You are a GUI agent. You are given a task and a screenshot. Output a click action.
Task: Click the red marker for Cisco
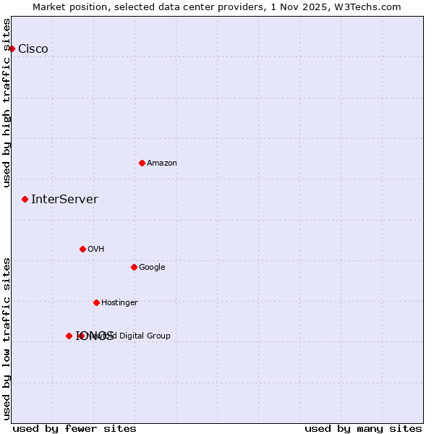coord(12,48)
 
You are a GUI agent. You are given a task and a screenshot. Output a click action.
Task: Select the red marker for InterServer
coord(25,199)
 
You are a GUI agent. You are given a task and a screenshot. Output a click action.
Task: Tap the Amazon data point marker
coord(142,163)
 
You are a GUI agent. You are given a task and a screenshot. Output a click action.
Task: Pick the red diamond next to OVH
coord(82,249)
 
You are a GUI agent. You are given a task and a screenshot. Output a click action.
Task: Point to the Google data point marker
coord(134,267)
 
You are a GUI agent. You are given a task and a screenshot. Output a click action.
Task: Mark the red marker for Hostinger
coord(96,302)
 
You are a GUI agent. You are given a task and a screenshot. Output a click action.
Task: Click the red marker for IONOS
coord(69,336)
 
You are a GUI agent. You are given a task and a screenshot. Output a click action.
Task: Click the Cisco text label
coord(33,49)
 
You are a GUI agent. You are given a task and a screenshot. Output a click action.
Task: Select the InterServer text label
coord(64,200)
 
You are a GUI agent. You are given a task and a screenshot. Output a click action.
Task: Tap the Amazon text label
coord(162,163)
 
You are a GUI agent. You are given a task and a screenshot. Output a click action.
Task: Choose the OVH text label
coord(96,250)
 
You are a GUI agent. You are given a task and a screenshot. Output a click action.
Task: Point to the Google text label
coord(152,268)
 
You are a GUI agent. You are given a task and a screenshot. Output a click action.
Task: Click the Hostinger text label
coord(119,303)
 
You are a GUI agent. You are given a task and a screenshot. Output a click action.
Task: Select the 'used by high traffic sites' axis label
coord(7,103)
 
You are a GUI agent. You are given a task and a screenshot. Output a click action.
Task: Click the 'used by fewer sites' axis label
coord(75,428)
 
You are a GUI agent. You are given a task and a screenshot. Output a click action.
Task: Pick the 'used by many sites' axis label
coord(363,428)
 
